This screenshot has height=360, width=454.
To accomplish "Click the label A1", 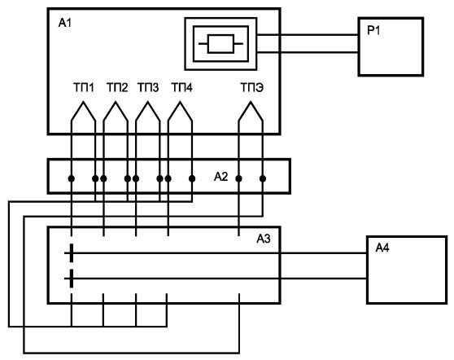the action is [x=65, y=23].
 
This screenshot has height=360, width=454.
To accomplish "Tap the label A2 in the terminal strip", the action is [x=221, y=177].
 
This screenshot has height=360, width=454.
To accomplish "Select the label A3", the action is [x=264, y=239].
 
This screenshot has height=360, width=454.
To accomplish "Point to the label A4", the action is [x=382, y=248].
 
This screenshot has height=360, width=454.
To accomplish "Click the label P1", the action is [x=373, y=30].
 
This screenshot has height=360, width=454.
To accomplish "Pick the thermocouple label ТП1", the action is [x=84, y=87].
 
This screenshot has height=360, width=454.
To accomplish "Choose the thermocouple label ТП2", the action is [x=117, y=87].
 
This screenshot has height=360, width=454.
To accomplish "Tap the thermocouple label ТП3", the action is [x=148, y=87].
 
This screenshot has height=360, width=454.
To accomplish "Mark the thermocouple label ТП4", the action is [x=181, y=87].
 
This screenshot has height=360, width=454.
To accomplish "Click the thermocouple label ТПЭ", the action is [x=252, y=87].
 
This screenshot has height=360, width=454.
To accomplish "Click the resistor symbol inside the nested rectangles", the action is [x=220, y=44].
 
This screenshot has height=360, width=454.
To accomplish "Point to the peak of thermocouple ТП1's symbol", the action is [x=83, y=102].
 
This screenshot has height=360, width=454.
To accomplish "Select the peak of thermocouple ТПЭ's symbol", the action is [x=251, y=102].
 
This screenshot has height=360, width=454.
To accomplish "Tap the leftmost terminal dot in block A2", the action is [x=72, y=178].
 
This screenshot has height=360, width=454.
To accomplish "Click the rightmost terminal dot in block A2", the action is [x=263, y=178].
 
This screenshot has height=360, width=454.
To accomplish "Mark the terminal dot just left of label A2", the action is [x=192, y=178].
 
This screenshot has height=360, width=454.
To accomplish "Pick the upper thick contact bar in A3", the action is [x=72, y=253].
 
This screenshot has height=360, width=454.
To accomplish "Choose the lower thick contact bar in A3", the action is [x=72, y=279].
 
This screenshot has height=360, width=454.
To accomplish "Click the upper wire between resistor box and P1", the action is [x=308, y=35].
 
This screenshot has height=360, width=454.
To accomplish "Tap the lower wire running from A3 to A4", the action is [x=216, y=279].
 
